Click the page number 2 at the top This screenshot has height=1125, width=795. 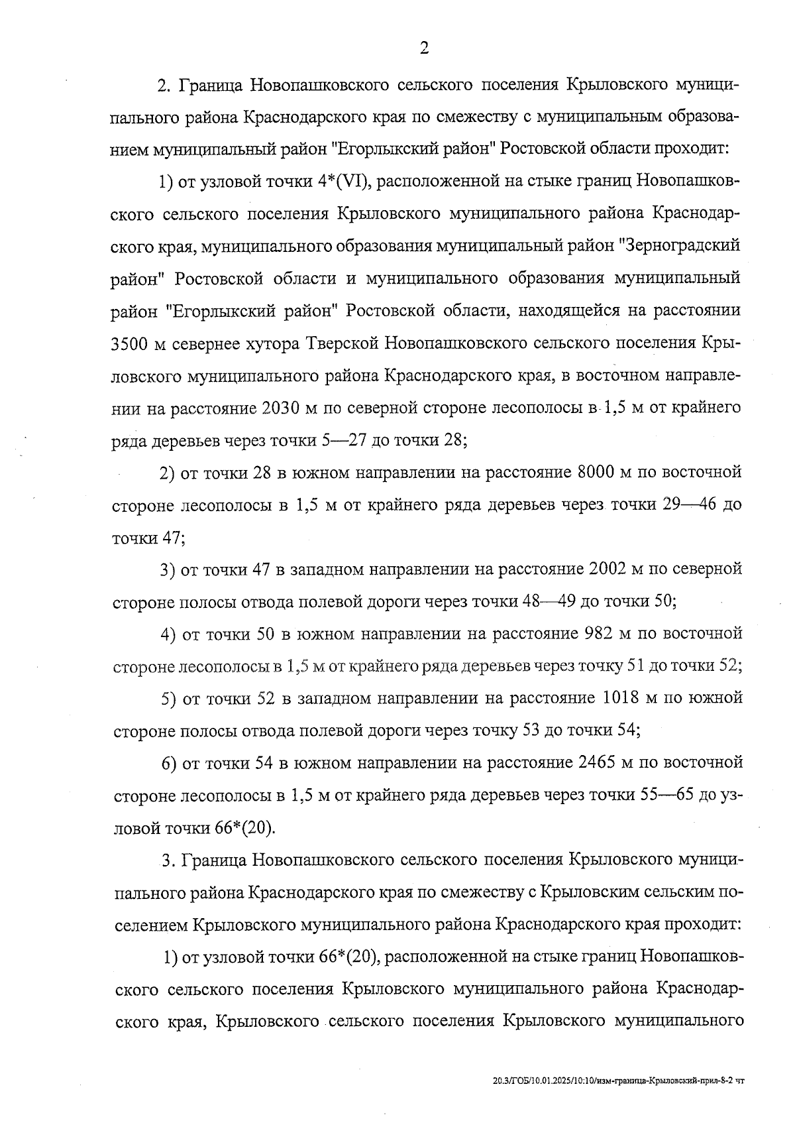[423, 48]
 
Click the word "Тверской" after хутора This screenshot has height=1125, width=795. [343, 343]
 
